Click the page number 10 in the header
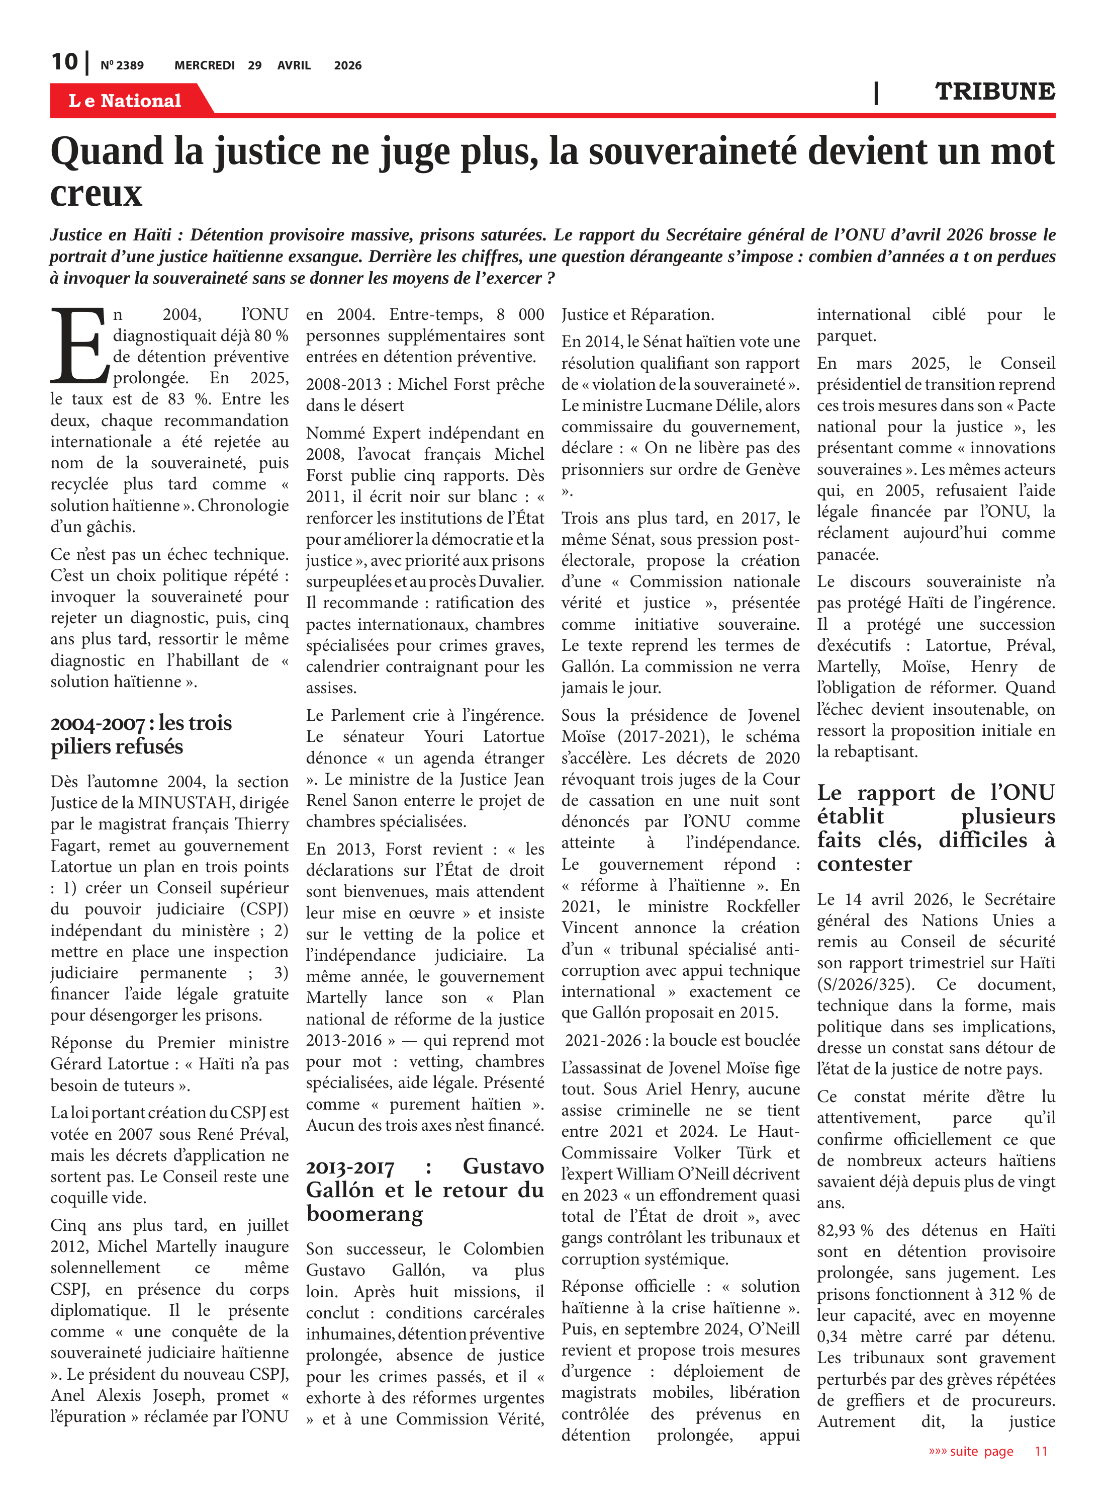(65, 62)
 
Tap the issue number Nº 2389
(122, 65)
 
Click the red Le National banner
(125, 101)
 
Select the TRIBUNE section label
(994, 92)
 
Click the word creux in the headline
(97, 194)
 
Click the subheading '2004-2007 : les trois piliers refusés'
(141, 735)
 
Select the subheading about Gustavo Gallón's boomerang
(424, 1190)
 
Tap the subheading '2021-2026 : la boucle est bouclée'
(682, 1040)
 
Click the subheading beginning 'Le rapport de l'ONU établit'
(935, 828)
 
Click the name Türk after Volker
(755, 1153)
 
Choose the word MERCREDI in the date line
(204, 65)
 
